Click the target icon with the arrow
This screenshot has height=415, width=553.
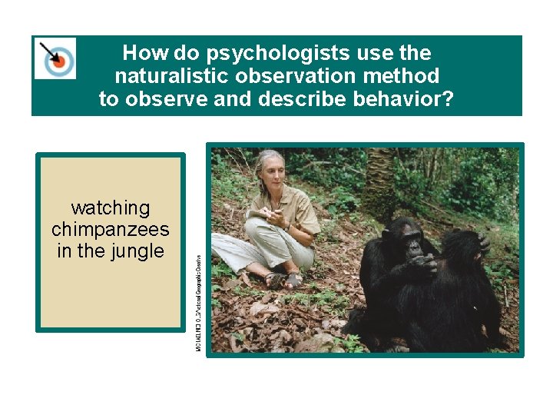click(55, 58)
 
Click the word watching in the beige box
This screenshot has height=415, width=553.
click(111, 207)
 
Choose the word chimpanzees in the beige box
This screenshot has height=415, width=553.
click(111, 229)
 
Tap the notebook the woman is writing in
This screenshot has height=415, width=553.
click(260, 214)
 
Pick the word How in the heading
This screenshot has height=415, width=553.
click(140, 53)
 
